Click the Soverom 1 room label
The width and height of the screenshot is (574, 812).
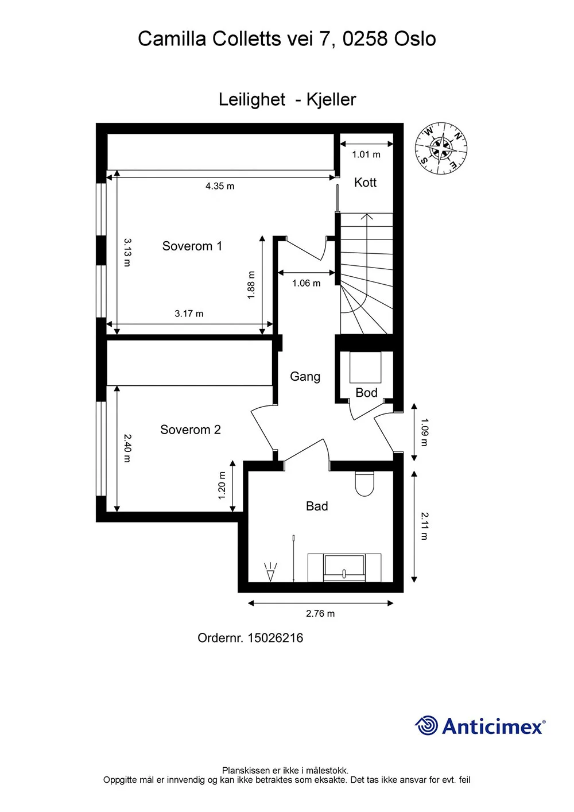click(192, 246)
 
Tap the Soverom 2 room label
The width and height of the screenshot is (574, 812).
click(190, 430)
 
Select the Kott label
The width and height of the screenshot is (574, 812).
click(365, 183)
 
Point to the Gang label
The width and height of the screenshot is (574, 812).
click(305, 377)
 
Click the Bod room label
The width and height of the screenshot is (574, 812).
click(366, 393)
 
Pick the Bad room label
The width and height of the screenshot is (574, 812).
click(317, 506)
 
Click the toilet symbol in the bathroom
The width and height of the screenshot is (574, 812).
click(364, 484)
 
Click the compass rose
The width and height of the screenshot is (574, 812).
click(441, 148)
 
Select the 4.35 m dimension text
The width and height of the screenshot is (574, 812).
click(220, 186)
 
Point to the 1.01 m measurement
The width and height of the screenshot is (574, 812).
click(366, 155)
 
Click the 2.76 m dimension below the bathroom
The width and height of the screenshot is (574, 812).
click(320, 614)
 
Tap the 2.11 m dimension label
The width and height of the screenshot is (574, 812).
click(424, 526)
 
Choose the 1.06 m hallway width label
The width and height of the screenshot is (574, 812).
click(306, 283)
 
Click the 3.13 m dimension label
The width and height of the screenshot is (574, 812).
click(127, 252)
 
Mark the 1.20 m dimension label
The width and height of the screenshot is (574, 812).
click(222, 485)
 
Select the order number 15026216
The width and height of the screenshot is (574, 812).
click(275, 638)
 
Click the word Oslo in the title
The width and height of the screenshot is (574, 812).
click(415, 38)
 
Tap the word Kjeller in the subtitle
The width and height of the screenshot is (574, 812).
click(331, 100)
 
